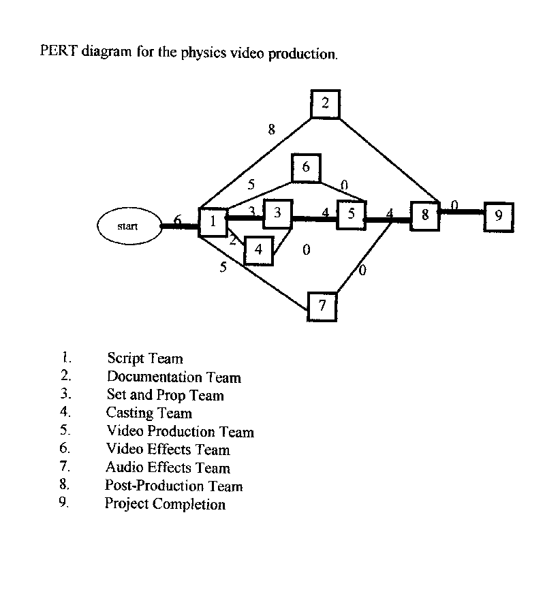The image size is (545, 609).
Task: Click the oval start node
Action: (x=127, y=225)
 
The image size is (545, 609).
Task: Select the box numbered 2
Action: (x=325, y=104)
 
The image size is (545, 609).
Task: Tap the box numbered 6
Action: (x=306, y=168)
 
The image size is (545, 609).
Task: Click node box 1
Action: (x=213, y=222)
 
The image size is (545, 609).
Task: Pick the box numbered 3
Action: (x=277, y=214)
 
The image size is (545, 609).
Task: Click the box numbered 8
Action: (x=424, y=216)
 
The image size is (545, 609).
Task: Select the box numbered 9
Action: (x=499, y=217)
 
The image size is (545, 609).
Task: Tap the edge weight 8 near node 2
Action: (x=271, y=129)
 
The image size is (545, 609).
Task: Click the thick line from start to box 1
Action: (x=178, y=225)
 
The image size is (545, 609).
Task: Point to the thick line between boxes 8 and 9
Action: (x=462, y=212)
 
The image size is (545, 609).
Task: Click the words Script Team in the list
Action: (x=144, y=358)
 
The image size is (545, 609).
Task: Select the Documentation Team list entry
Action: (x=174, y=377)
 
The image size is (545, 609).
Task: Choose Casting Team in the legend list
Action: (x=149, y=413)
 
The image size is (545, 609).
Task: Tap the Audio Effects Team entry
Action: (x=168, y=468)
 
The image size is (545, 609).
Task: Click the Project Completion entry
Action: (x=165, y=504)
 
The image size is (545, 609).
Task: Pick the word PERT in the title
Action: (x=59, y=52)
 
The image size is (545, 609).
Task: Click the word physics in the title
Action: (x=204, y=53)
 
